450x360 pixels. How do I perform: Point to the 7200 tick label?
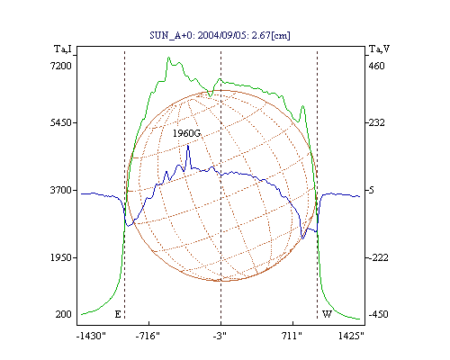click(x=61, y=66)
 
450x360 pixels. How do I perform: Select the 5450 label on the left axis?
click(x=61, y=122)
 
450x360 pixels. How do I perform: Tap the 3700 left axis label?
click(x=61, y=190)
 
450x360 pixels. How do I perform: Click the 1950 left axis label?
click(x=61, y=257)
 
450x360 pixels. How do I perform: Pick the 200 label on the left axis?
click(x=63, y=314)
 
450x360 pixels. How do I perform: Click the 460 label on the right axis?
click(x=376, y=66)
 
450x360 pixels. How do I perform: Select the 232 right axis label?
click(x=376, y=122)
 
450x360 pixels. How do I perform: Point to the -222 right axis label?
click(x=378, y=257)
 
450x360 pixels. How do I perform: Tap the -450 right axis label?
click(x=378, y=314)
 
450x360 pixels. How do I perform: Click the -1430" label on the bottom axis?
click(x=91, y=336)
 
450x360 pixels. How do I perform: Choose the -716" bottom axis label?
click(x=148, y=336)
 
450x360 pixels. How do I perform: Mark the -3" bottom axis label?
click(x=220, y=336)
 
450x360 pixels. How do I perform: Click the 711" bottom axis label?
click(x=292, y=336)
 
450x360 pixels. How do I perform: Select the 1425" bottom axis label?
click(x=351, y=336)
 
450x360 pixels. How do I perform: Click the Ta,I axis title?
click(x=63, y=49)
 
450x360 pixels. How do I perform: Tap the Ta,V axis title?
click(x=380, y=49)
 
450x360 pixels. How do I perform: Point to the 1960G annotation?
click(x=186, y=133)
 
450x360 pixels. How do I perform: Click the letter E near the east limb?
click(x=118, y=314)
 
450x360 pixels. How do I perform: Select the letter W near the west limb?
click(x=327, y=314)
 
